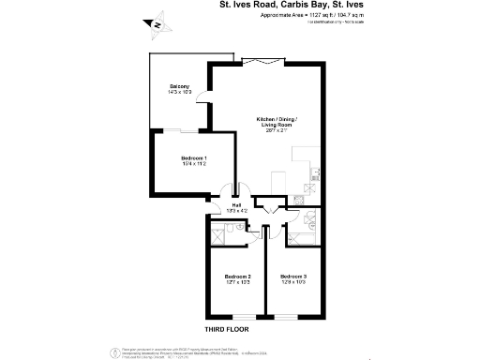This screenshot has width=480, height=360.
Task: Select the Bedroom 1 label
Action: click(x=194, y=158)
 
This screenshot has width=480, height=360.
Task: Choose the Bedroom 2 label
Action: click(x=238, y=277)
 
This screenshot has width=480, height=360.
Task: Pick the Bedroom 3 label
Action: click(x=293, y=277)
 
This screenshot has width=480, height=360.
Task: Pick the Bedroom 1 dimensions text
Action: click(x=194, y=164)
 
